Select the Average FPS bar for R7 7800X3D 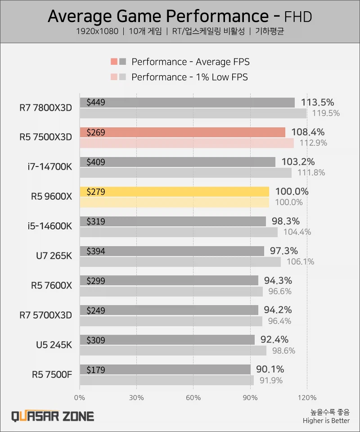tap(187, 103)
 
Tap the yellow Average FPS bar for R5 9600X tap(174, 192)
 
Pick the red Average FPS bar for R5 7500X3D tap(182, 132)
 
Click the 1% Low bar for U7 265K tap(180, 261)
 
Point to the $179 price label tap(95, 370)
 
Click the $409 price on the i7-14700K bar tap(95, 162)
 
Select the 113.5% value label tap(318, 102)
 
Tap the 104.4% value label tap(297, 232)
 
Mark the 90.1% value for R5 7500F tap(270, 369)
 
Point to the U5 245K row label tap(54, 345)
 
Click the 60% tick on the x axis tap(193, 398)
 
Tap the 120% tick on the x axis tap(307, 398)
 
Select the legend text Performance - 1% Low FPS tap(189, 77)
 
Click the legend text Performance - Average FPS tap(190, 62)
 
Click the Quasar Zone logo tap(53, 416)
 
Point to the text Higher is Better tap(326, 421)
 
